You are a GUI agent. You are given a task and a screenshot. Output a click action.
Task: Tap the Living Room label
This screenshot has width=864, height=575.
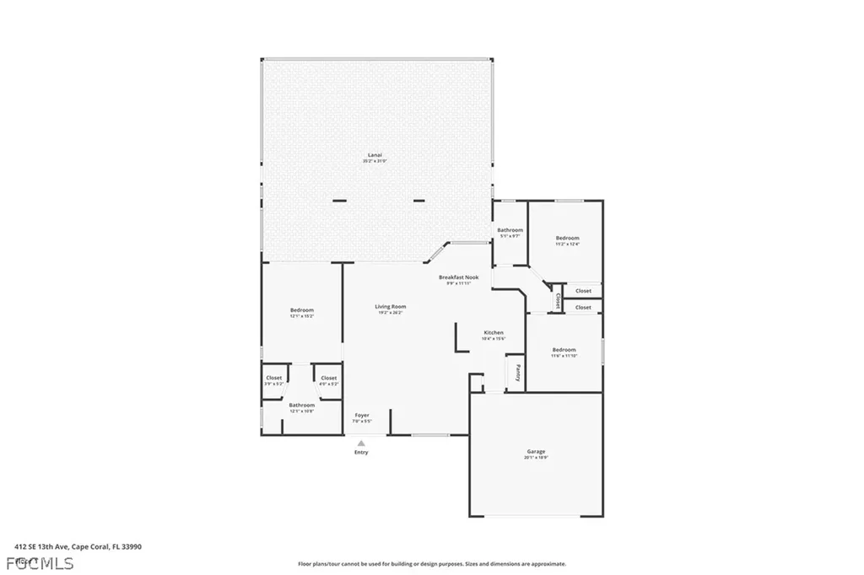[x=390, y=307]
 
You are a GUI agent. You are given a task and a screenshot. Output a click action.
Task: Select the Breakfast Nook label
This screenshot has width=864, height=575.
[x=459, y=277]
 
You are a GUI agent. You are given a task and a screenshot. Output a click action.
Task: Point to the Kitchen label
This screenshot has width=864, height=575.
[x=494, y=333]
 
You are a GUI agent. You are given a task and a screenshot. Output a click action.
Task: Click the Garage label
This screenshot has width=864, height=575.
[x=537, y=453]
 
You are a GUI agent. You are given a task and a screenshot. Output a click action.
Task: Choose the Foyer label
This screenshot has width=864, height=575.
[x=361, y=415]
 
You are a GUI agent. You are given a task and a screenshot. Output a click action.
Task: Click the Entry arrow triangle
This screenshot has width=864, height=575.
[x=361, y=443]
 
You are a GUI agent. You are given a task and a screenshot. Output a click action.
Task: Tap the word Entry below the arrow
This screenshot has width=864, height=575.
[x=361, y=453]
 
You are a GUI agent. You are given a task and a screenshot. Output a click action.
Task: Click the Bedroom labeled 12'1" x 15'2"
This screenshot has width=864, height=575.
[x=302, y=310]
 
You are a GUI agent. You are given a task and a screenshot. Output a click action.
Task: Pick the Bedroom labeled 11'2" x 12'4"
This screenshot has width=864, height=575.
[x=567, y=239]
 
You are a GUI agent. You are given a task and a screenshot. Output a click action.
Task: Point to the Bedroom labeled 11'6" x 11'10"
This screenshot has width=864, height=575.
[x=564, y=350]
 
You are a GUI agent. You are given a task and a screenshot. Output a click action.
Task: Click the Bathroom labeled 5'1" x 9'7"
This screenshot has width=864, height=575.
[x=510, y=231]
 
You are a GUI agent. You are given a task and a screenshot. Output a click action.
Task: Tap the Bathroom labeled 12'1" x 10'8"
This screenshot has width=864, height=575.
[x=301, y=406]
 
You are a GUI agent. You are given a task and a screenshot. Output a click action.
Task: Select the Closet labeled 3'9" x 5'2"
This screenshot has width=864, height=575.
[x=274, y=379]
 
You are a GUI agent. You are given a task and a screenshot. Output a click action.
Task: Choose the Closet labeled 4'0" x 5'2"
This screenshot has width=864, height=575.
[x=328, y=379]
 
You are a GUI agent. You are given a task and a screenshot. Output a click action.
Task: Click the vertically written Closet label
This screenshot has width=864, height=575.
[x=558, y=300]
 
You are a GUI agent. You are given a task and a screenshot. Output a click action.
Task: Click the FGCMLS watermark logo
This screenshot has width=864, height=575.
[x=38, y=562]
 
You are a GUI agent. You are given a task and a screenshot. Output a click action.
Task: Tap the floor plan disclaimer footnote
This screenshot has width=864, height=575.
[x=431, y=564]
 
